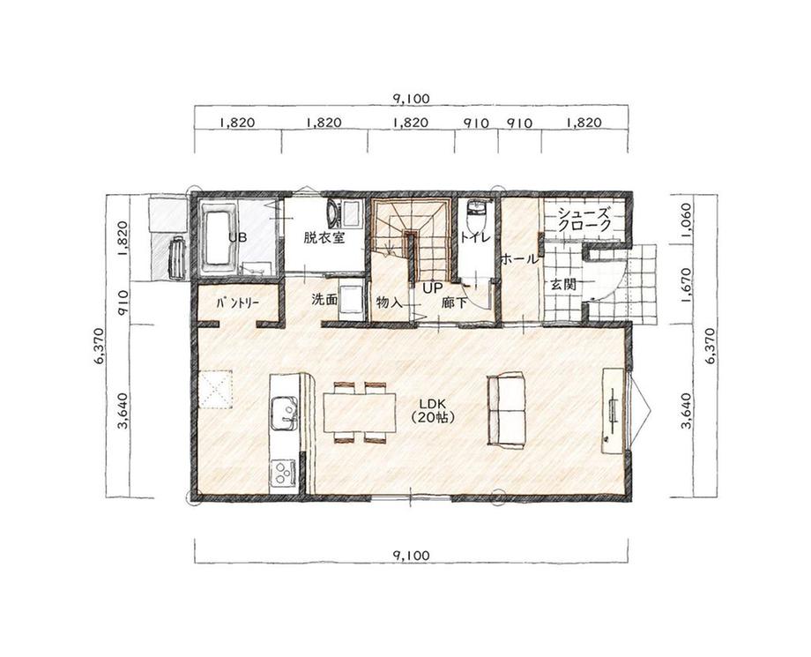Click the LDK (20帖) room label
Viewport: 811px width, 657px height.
click(433, 411)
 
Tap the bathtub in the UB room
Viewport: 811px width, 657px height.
click(218, 237)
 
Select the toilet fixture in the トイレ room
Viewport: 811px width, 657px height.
click(475, 217)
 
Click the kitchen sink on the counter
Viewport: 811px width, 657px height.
click(284, 414)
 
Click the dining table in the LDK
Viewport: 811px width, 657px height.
click(360, 413)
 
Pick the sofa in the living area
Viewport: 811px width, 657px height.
click(506, 408)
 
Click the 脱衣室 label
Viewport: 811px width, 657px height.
click(324, 238)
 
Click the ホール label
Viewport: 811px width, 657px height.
click(519, 259)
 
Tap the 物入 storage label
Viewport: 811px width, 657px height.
click(390, 302)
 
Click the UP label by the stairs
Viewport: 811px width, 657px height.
click(433, 288)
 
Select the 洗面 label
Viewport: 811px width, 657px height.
click(324, 299)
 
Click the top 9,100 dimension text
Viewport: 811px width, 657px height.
click(411, 98)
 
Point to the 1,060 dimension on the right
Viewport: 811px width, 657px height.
click(686, 219)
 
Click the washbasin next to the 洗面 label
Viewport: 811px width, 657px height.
click(351, 299)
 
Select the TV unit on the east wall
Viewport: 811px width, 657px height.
click(614, 410)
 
